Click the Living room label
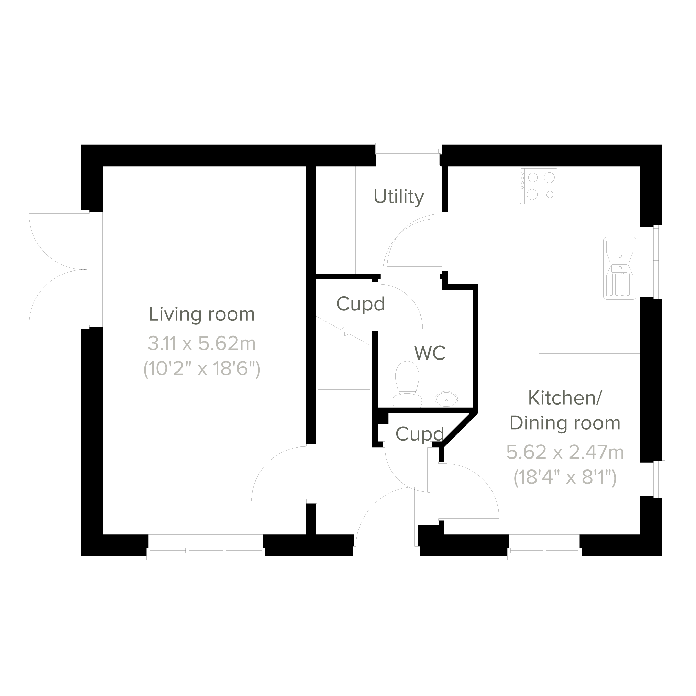pos(202,314)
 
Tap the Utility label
pos(399,197)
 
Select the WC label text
pos(430,353)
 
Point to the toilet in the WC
pos(407,384)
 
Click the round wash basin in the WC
pos(447,400)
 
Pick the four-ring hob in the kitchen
pos(539,186)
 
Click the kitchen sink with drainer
pos(620,268)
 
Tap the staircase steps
pos(344,367)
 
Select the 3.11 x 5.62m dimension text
pos(202,343)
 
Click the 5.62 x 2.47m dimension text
pos(565,452)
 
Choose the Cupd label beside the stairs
pos(361,304)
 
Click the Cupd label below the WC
pos(420,434)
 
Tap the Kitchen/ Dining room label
pos(565,410)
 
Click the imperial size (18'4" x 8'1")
pos(565,478)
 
